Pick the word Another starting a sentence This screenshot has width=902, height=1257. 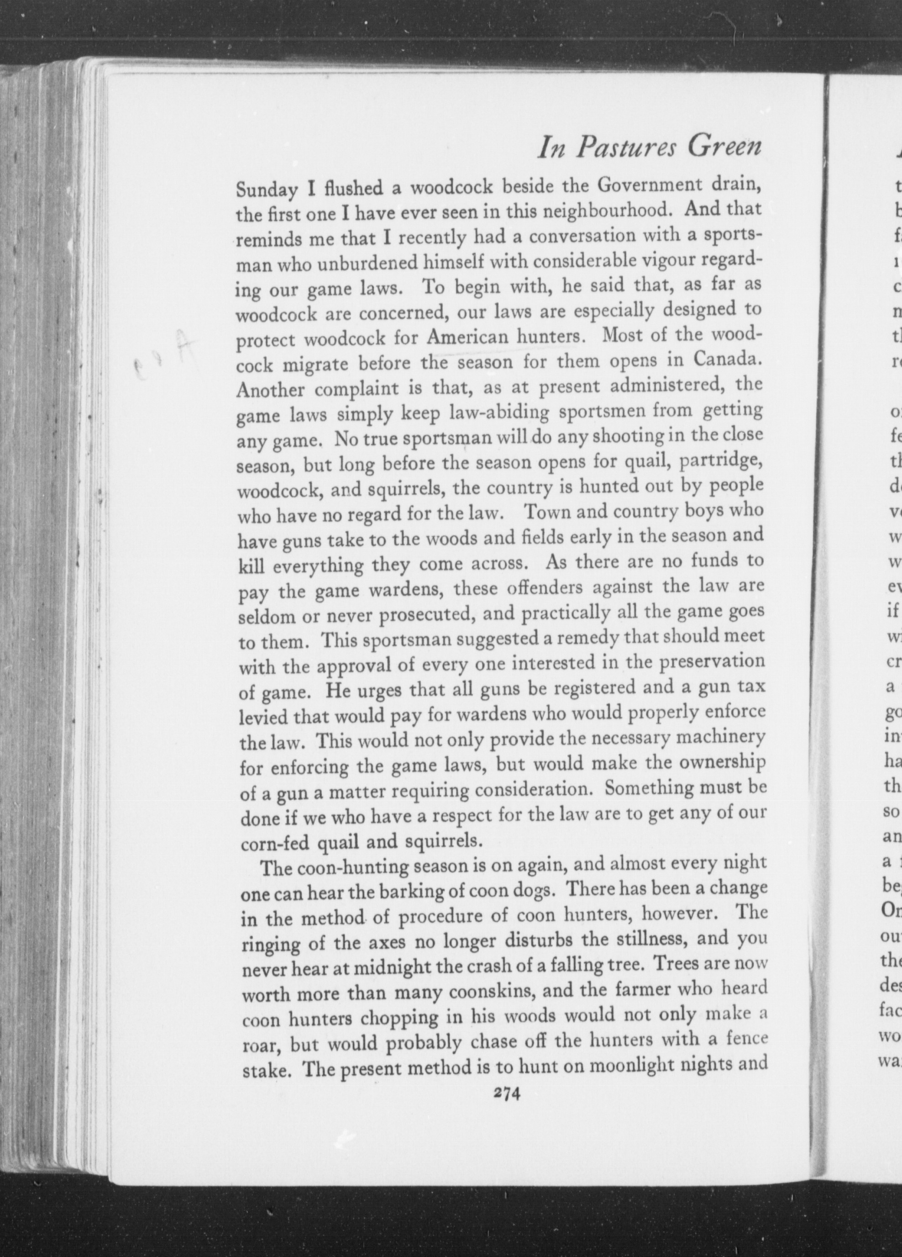point(270,390)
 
